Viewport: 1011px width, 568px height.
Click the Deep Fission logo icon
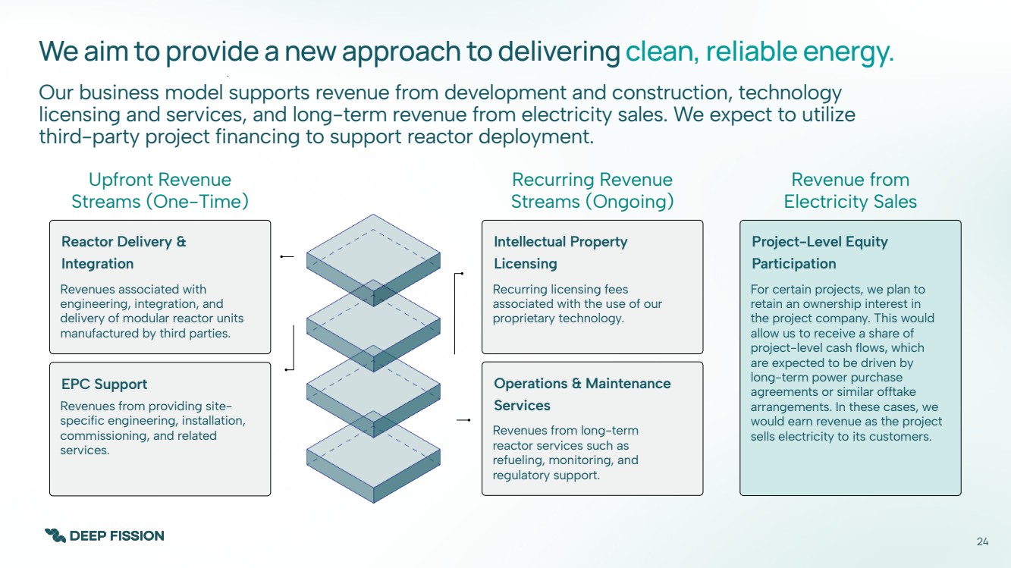[x=55, y=535]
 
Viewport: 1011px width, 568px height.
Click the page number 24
[x=982, y=541]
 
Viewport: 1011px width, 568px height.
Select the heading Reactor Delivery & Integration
[x=124, y=253]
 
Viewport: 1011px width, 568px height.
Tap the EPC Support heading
[x=105, y=384]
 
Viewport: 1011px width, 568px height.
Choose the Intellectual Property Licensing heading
[x=560, y=253]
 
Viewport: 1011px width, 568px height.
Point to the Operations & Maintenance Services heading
[x=582, y=394]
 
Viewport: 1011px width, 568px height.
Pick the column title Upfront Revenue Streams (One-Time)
[x=160, y=190]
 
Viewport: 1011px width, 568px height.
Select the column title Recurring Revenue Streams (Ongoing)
[x=592, y=190]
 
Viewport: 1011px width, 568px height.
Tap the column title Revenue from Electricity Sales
[x=850, y=190]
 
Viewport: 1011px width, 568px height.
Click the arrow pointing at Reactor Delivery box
[x=286, y=257]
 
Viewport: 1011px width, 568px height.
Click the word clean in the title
[x=660, y=52]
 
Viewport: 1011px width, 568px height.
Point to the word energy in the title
[x=849, y=52]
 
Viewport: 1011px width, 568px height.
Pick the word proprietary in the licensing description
[x=524, y=318]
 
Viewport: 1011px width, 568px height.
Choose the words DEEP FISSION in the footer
[x=117, y=536]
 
